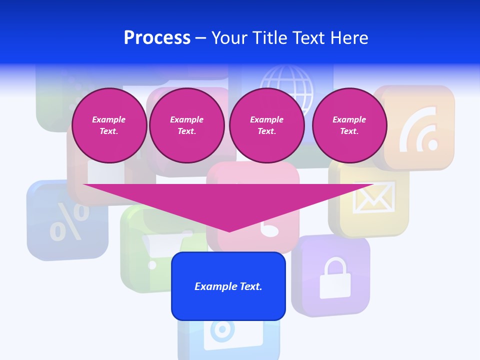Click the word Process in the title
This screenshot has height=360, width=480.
[157, 38]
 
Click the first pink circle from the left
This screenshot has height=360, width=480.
[109, 125]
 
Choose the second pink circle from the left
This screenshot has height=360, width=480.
[186, 125]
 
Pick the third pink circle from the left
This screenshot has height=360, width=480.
[266, 125]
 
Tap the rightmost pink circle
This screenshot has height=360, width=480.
[349, 125]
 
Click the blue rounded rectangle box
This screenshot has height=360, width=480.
[228, 286]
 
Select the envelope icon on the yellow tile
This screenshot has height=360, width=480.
[374, 197]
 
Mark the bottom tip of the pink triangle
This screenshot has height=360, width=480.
[229, 231]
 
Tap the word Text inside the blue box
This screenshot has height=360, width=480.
[250, 286]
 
